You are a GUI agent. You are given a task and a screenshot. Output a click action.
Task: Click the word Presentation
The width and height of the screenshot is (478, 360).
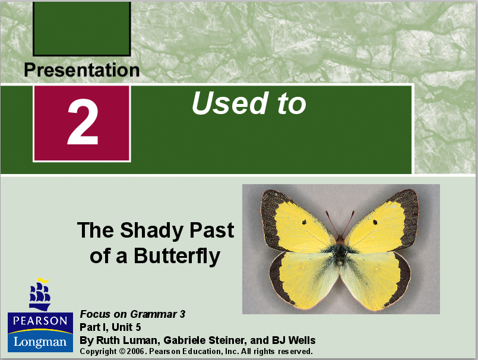[x=82, y=70]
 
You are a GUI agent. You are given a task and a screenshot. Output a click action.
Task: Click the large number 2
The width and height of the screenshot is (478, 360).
[x=82, y=124]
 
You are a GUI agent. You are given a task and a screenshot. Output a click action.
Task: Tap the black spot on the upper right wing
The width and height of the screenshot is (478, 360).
[x=375, y=222]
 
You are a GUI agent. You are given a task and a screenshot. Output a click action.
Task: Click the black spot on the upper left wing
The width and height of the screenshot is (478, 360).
[x=303, y=222]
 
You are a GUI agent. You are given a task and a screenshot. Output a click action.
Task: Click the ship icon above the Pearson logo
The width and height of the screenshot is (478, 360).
[x=40, y=294]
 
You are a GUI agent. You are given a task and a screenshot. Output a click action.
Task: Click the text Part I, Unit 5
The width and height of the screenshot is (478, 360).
[x=110, y=327]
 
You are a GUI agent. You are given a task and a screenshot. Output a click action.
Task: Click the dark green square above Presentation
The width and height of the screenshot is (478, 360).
[x=82, y=29]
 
